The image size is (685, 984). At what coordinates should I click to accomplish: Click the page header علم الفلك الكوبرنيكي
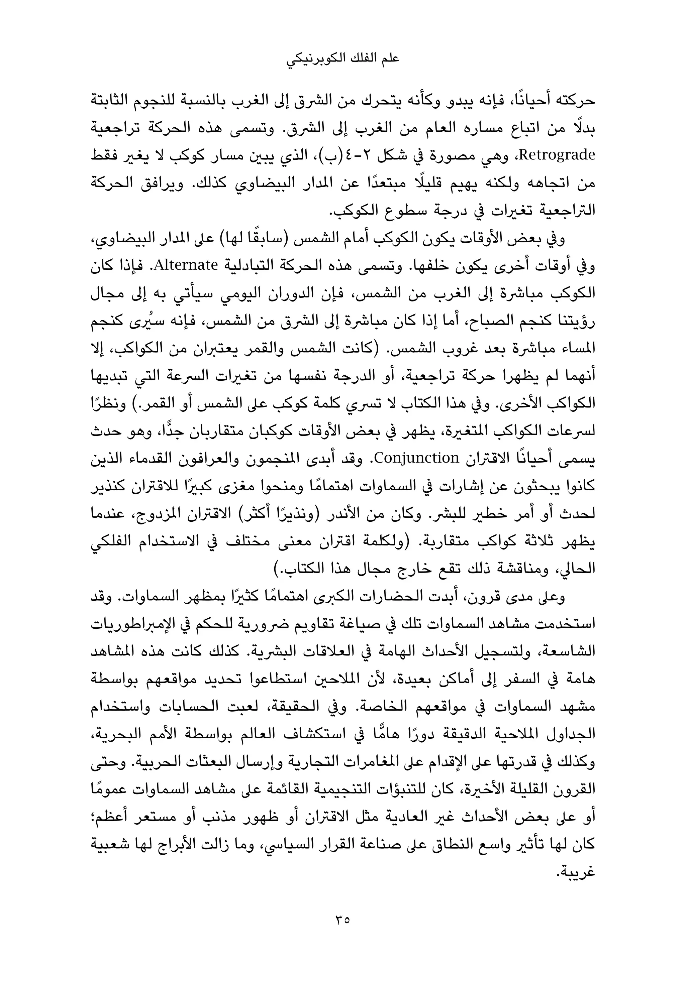pos(342,59)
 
